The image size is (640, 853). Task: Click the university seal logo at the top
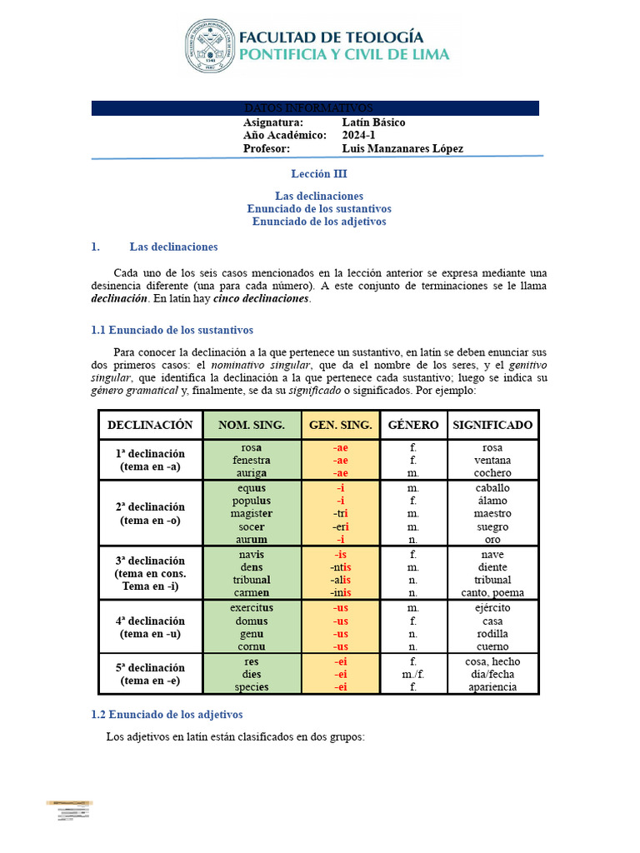[x=209, y=46]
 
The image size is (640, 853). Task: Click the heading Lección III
[x=318, y=174]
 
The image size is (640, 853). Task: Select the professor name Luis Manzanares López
[x=402, y=148]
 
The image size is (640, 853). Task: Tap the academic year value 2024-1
[x=358, y=135]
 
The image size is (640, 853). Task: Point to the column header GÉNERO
[x=413, y=425]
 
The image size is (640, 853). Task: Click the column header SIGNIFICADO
[x=492, y=425]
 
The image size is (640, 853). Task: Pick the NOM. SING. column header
[x=252, y=425]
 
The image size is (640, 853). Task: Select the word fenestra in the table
[x=251, y=460]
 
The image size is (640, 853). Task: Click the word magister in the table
[x=252, y=513]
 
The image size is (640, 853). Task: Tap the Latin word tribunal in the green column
[x=252, y=580]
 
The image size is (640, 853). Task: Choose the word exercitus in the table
[x=252, y=607]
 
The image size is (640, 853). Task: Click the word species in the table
[x=252, y=687]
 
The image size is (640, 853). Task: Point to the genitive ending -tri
[x=340, y=513]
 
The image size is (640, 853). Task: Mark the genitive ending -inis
[x=340, y=593]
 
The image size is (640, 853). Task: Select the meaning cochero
[x=492, y=473]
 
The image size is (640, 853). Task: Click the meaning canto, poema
[x=492, y=593]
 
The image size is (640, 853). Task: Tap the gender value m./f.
[x=413, y=674]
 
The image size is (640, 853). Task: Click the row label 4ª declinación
[x=151, y=621]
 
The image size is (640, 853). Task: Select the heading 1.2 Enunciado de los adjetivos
[x=166, y=715]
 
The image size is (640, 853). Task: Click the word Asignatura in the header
[x=273, y=122]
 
